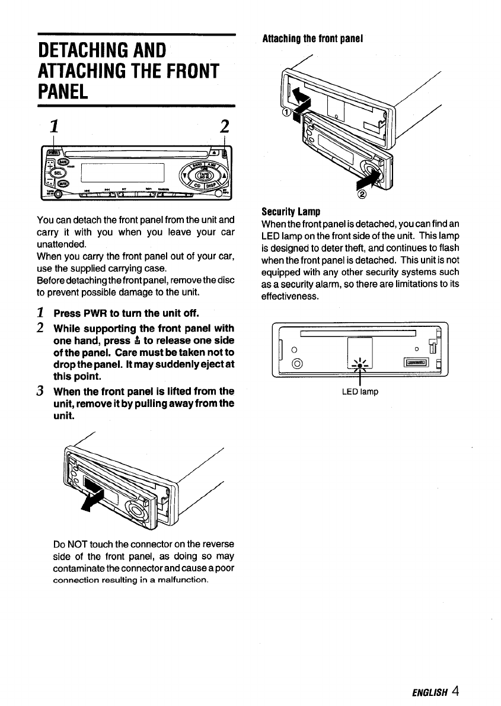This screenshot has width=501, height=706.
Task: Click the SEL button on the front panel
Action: click(x=58, y=173)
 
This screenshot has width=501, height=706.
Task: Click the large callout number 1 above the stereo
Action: click(x=54, y=126)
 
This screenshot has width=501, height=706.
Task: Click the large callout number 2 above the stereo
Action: click(x=224, y=126)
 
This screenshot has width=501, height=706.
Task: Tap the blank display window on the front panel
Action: click(x=122, y=173)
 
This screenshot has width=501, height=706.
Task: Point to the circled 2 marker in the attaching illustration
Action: click(x=363, y=196)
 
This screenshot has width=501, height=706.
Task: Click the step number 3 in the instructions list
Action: click(x=42, y=392)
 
